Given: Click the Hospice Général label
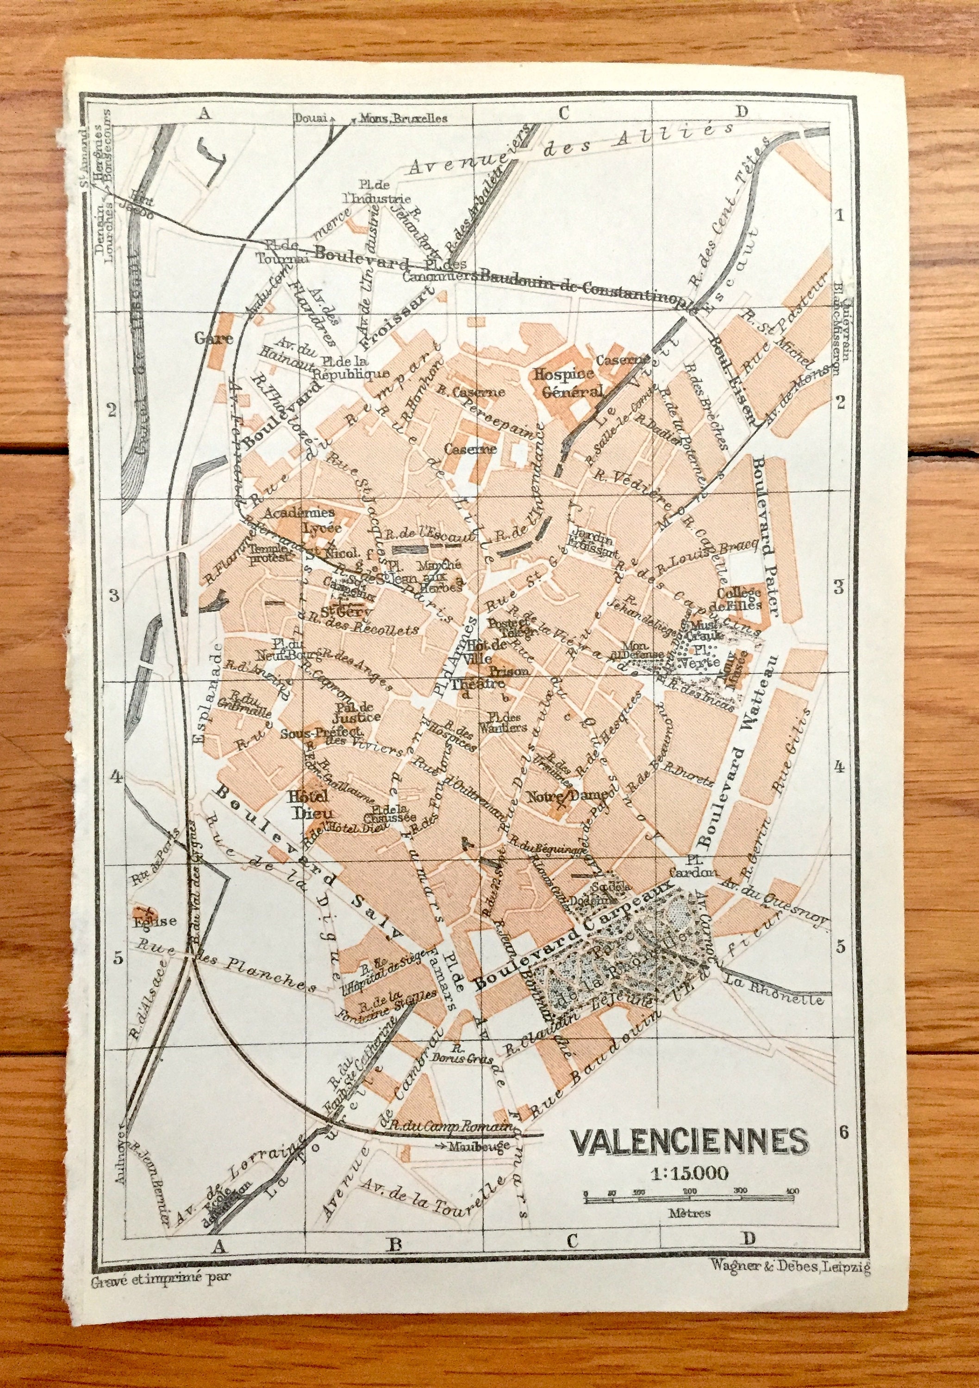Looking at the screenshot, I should pos(567,383).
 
